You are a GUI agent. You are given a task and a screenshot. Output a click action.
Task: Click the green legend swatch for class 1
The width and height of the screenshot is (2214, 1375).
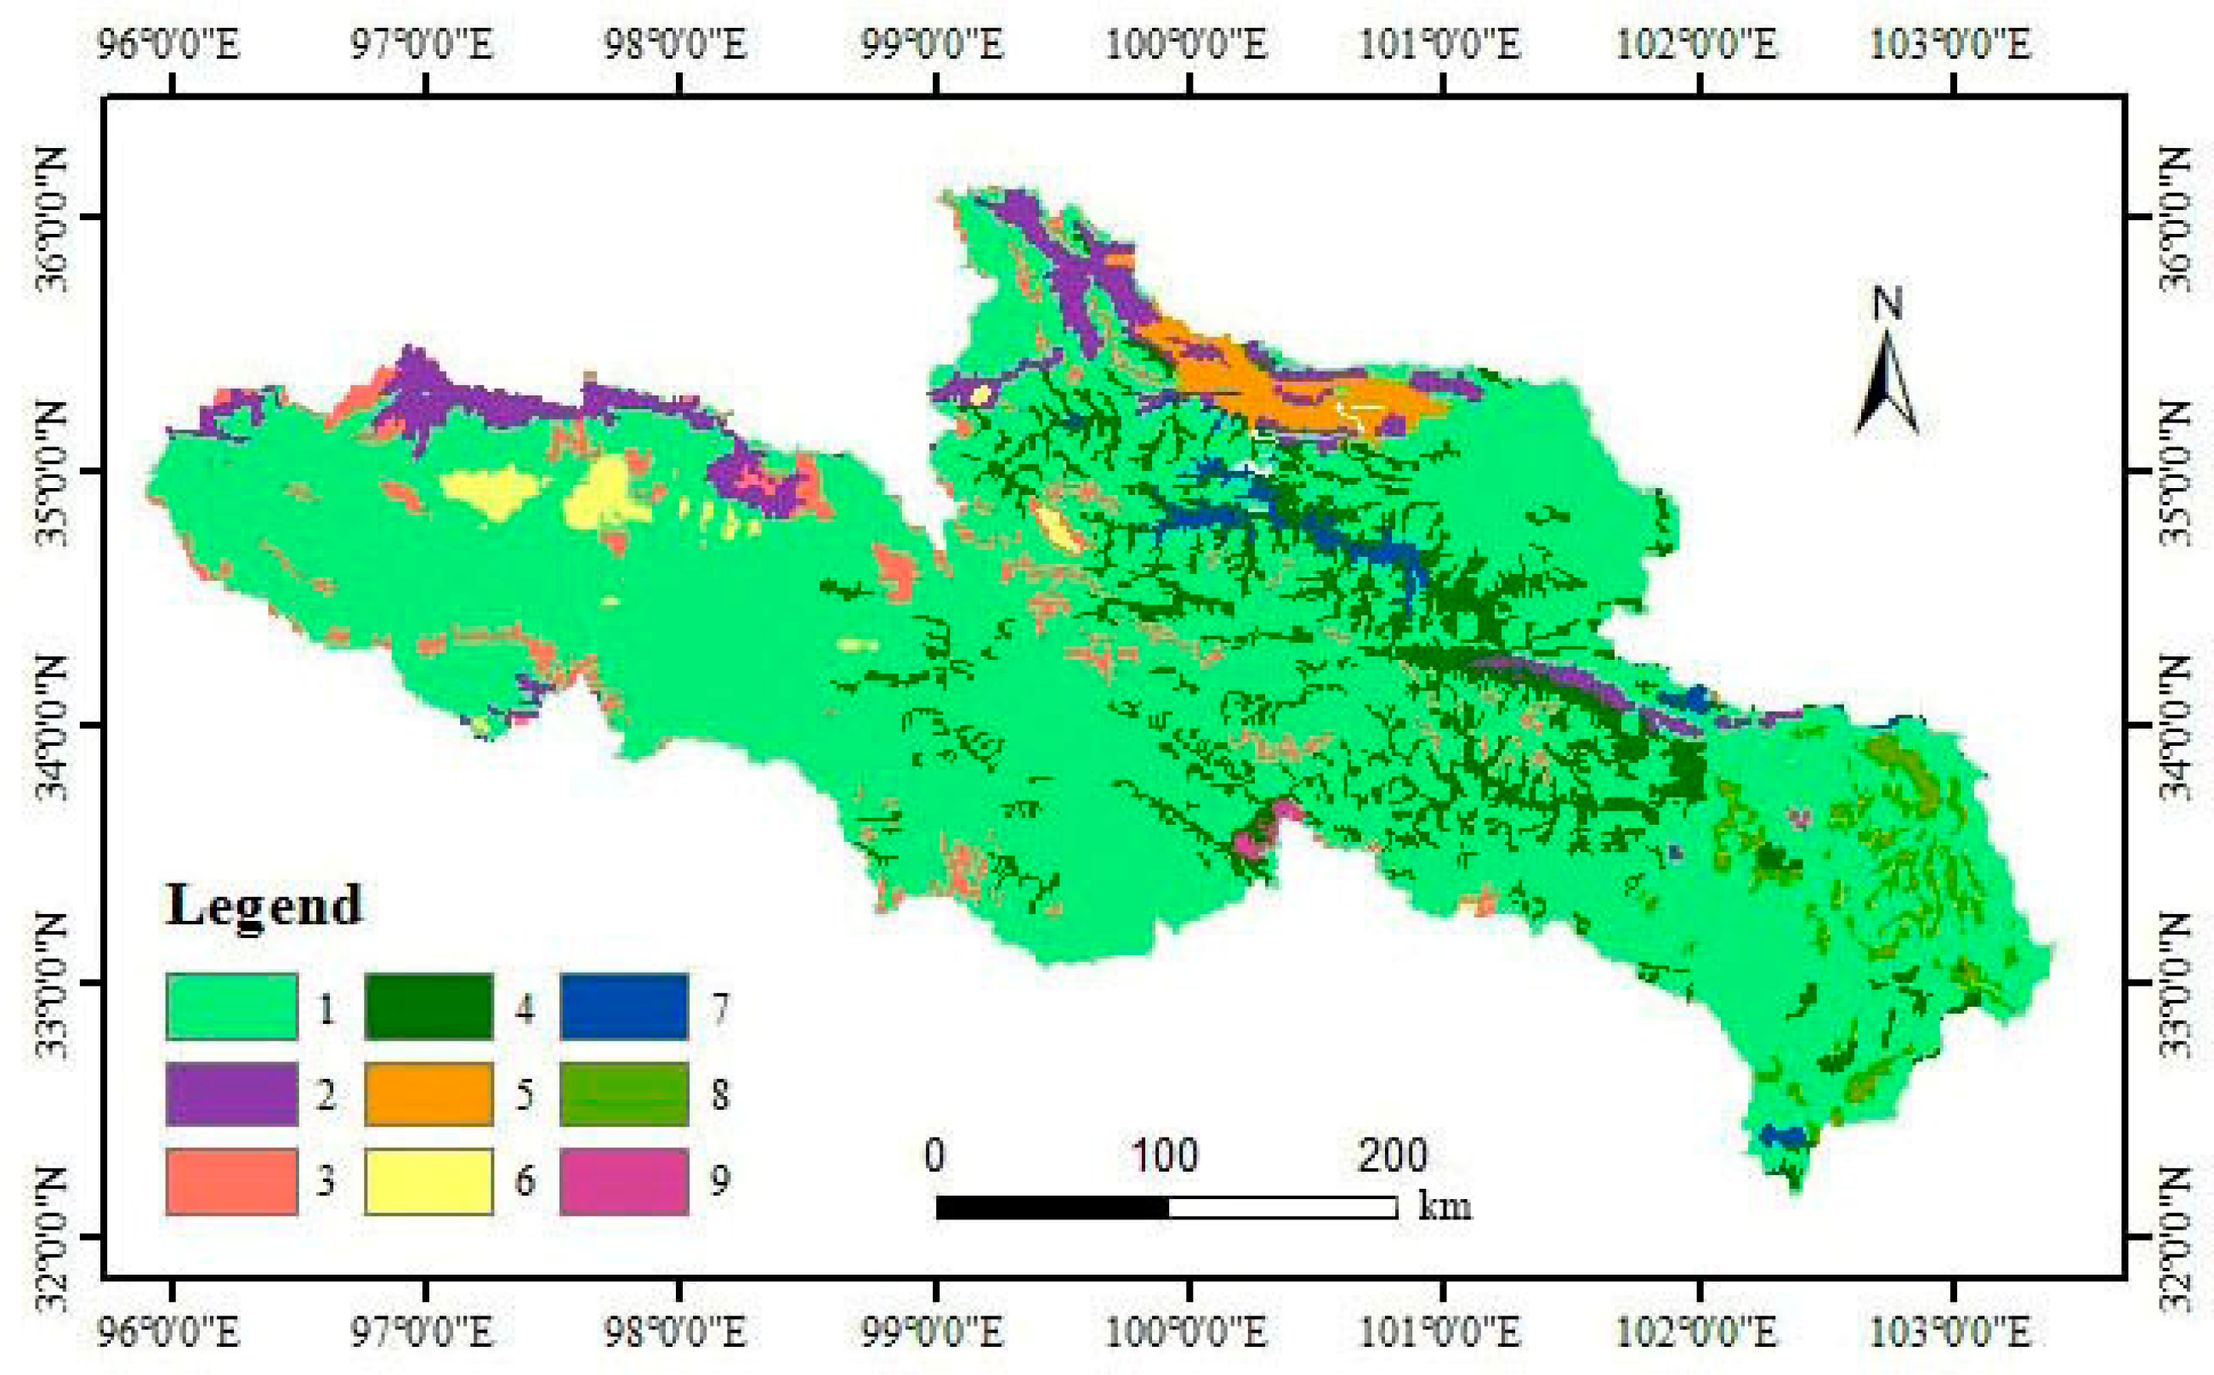coord(231,1006)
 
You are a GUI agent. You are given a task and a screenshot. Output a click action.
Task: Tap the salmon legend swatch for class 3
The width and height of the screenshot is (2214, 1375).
coord(231,1180)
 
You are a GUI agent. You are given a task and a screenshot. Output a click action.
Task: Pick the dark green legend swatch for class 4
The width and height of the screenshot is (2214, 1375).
coord(429,1006)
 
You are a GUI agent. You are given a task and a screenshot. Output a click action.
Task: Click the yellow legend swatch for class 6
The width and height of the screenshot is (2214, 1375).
coord(429,1180)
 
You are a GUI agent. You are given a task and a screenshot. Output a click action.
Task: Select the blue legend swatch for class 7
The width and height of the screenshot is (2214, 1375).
coord(624,1006)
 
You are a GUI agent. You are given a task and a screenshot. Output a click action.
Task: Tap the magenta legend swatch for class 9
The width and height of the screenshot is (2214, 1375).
coord(624,1180)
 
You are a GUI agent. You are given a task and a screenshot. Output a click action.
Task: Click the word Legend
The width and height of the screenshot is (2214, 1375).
coord(264,906)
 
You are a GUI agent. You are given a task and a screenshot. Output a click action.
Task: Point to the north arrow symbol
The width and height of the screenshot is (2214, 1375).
coord(1887,387)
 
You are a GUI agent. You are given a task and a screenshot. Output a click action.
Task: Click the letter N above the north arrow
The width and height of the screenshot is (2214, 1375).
coord(1888,304)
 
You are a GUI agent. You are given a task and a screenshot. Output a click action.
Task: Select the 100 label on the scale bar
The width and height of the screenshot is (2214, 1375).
coord(1165,1155)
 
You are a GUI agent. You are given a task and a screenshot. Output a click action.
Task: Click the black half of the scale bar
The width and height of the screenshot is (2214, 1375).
coord(1052,1207)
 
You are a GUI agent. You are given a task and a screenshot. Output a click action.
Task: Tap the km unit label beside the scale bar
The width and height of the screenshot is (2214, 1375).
coord(1444,1206)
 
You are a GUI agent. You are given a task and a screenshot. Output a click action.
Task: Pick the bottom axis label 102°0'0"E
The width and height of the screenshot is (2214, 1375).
coord(1697,1333)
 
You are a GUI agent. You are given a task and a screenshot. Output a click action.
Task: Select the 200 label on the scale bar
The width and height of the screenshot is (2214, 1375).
coord(1392,1155)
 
